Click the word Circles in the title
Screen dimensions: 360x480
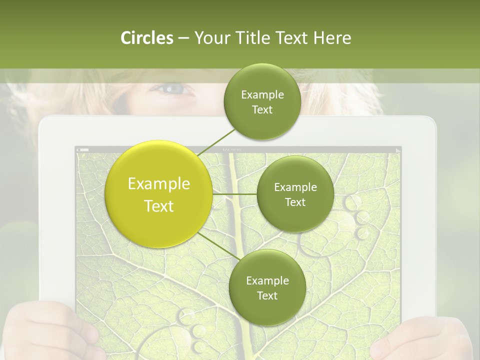tap(147, 38)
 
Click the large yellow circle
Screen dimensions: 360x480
tap(159, 194)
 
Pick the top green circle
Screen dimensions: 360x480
tap(262, 102)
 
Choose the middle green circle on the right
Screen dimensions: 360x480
tap(295, 194)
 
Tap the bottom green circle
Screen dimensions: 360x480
tap(267, 287)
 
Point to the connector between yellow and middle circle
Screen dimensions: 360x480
tap(234, 194)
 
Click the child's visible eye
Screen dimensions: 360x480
tap(172, 90)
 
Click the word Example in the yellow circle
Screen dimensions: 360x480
tap(159, 183)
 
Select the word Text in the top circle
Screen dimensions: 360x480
tap(262, 110)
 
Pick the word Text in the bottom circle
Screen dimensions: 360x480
tap(267, 295)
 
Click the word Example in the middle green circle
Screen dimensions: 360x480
tap(295, 187)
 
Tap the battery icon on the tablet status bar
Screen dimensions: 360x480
tap(83, 149)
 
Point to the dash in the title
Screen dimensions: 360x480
tap(183, 38)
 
